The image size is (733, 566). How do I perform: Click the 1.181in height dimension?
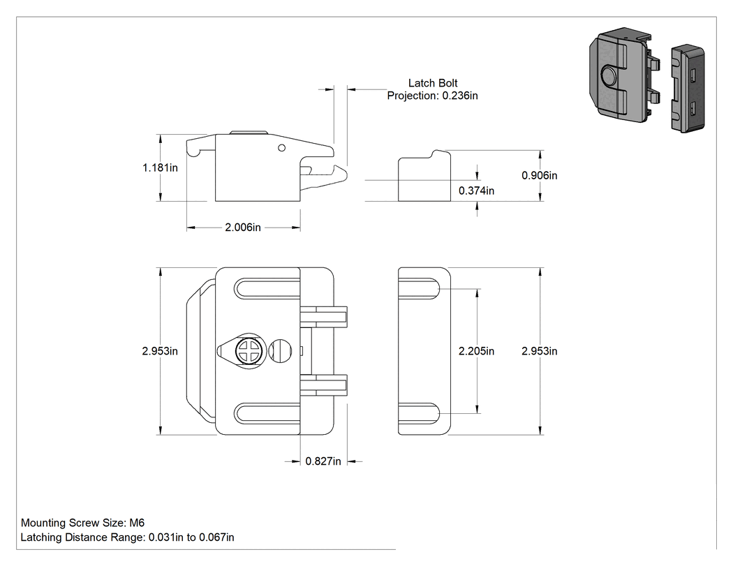[160, 167]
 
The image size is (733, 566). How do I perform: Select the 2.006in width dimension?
[243, 228]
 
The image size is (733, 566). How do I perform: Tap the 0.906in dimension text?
[540, 176]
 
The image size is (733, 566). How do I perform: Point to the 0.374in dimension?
[476, 191]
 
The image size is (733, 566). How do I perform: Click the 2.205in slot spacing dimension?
[476, 351]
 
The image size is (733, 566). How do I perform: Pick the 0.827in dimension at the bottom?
[323, 461]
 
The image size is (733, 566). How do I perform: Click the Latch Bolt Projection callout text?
[432, 89]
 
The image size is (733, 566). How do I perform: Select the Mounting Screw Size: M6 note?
[83, 523]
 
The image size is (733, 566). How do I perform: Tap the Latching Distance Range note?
[127, 537]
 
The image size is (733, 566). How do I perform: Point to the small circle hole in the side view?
[281, 148]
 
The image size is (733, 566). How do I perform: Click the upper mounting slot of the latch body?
[267, 288]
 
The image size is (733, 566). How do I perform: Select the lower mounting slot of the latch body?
[267, 414]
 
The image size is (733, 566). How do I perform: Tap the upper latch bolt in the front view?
[323, 318]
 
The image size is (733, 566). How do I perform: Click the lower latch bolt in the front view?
[323, 385]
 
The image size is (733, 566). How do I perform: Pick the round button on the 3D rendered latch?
[608, 75]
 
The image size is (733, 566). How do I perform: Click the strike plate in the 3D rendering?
[688, 89]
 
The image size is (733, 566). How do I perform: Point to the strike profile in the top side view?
[424, 176]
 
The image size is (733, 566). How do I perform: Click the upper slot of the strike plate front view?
[419, 288]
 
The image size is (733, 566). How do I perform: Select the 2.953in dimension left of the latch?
[160, 351]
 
